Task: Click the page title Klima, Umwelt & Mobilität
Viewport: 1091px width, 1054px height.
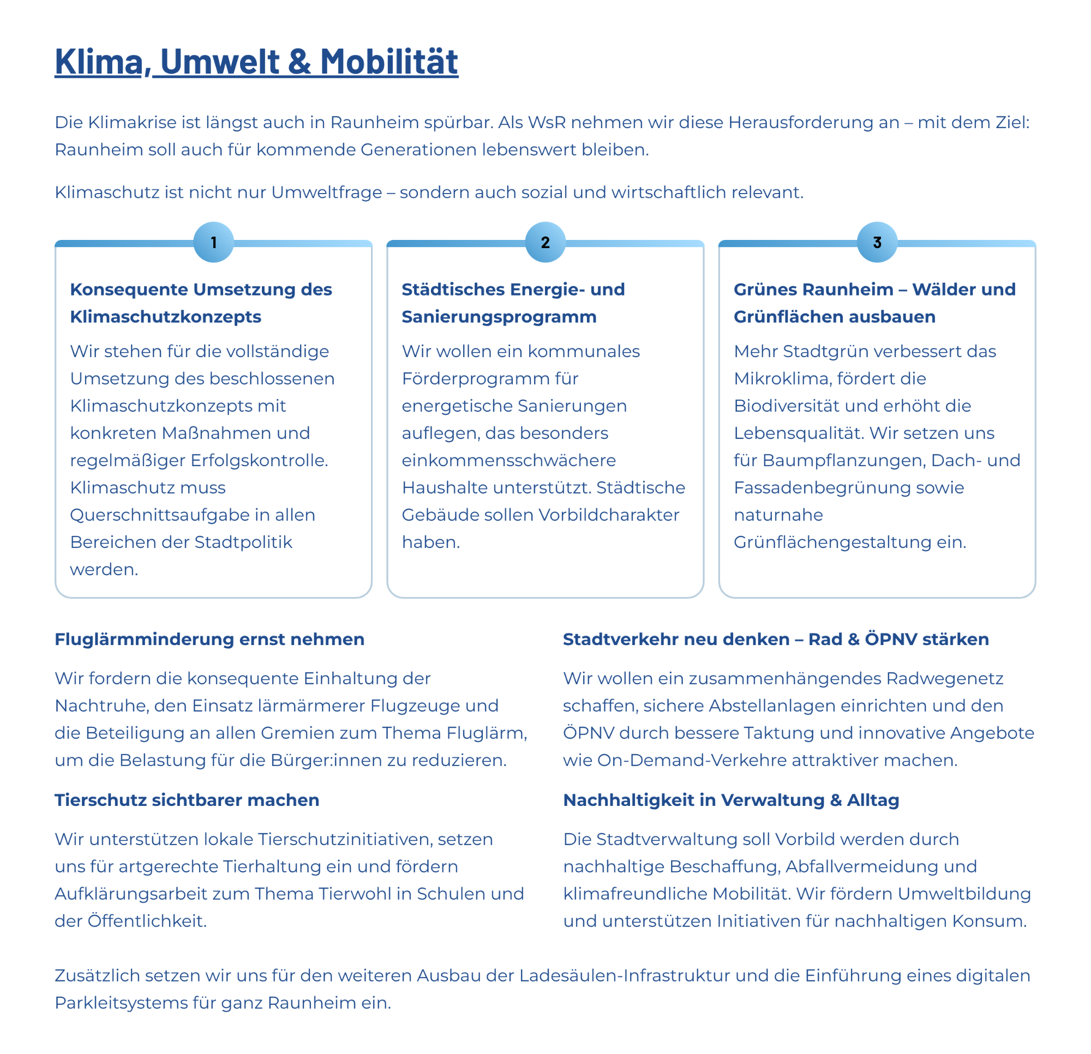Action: coord(256,61)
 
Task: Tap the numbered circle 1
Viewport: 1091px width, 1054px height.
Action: coord(214,242)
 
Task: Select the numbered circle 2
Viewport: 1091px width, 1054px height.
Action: coord(545,242)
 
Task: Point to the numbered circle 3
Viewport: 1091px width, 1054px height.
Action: coord(877,242)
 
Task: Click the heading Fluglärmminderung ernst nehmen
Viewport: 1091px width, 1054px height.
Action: coord(209,640)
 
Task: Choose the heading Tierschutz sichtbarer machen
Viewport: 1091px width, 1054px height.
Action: coord(187,800)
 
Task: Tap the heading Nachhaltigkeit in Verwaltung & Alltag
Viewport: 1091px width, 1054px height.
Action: coord(731,800)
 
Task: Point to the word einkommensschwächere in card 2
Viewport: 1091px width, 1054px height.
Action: coord(509,461)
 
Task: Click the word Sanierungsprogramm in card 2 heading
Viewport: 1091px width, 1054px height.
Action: coord(499,317)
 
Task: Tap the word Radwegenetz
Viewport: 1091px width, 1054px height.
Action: coord(945,679)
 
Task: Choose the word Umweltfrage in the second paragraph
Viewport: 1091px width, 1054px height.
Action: coord(327,192)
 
